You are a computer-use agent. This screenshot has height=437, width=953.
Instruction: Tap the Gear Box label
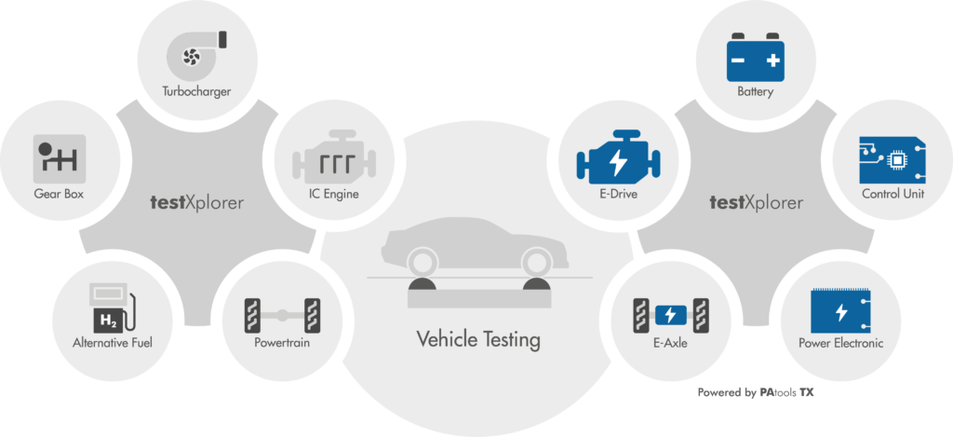click(59, 195)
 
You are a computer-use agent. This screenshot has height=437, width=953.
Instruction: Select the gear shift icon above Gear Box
click(59, 158)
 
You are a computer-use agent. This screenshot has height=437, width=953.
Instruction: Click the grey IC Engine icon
click(334, 157)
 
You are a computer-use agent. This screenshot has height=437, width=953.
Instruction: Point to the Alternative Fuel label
click(112, 343)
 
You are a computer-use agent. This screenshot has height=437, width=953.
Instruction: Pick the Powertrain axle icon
click(282, 315)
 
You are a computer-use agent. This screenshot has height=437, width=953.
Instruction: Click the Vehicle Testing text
click(477, 339)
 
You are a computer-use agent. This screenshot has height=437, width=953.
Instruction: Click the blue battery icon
click(756, 57)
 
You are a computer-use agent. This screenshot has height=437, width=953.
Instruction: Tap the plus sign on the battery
click(772, 61)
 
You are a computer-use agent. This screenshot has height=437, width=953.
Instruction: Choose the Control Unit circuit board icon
click(893, 160)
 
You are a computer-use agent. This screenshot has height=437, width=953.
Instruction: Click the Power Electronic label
click(841, 344)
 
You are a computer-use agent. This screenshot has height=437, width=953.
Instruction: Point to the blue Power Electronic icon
click(841, 311)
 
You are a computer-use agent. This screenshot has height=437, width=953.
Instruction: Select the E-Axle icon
click(671, 315)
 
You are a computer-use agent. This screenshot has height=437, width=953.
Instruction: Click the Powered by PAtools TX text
click(756, 392)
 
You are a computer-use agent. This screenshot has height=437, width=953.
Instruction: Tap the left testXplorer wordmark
click(197, 202)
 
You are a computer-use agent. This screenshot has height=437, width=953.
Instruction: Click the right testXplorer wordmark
click(757, 202)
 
